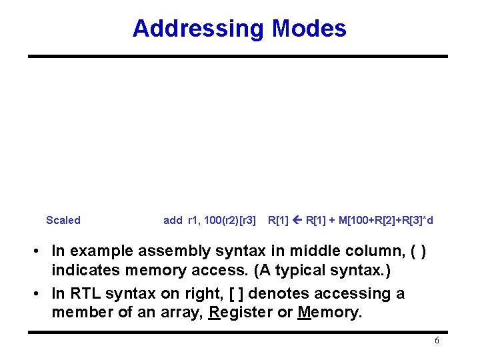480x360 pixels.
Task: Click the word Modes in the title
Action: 309,29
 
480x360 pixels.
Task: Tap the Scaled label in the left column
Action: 63,220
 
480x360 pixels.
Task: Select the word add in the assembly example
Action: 173,220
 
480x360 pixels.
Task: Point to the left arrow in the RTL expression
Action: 297,220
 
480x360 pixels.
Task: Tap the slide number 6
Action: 436,341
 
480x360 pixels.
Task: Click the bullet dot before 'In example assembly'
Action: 41,251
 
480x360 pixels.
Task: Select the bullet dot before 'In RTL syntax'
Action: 41,294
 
